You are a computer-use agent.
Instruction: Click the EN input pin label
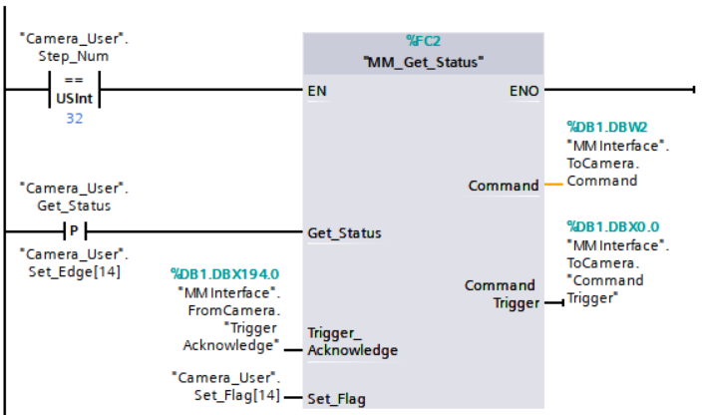coord(317,91)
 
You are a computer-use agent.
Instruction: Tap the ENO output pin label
coord(524,91)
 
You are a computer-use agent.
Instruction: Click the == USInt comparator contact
coord(74,91)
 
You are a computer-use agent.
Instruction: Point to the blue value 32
coord(74,119)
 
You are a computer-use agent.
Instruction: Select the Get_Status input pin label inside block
coord(344,232)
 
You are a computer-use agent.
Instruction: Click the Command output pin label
coord(504,186)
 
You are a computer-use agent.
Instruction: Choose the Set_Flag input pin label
coord(336,399)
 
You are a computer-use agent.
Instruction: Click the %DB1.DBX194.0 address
coord(225,272)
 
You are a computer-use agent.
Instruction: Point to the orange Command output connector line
coord(552,186)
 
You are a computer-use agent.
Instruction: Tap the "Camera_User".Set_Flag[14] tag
coord(224,387)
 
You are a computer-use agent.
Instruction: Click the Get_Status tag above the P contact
coord(74,206)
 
